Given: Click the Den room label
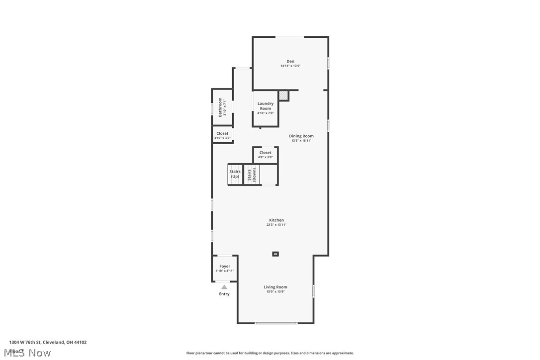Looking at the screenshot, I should coord(290,61).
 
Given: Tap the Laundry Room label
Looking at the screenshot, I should coord(266,106).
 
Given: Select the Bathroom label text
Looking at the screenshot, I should coord(220,107).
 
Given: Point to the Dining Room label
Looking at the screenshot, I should coord(301,136).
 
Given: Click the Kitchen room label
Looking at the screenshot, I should coord(276,220).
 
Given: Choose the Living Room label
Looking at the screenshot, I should coord(275,287).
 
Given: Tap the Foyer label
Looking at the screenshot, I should coord(225,267).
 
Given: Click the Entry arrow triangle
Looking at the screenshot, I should coord(224,287).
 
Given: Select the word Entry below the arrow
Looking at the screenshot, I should coord(224,294).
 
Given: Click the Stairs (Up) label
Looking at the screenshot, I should coord(235,174).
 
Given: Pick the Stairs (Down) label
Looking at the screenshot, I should coord(252,174).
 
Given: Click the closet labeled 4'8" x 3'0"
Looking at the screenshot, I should coord(266,155).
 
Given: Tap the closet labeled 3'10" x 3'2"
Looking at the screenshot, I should coord(222,135).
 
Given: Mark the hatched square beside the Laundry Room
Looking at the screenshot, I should coord(283,95).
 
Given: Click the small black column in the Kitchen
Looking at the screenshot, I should coord(275,254).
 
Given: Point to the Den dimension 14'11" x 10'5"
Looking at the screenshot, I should coord(290,66).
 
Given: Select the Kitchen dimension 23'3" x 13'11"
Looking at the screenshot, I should coord(276,225).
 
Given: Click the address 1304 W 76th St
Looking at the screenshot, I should coord(48,342).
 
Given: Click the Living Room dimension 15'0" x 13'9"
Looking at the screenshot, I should coord(275,292).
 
